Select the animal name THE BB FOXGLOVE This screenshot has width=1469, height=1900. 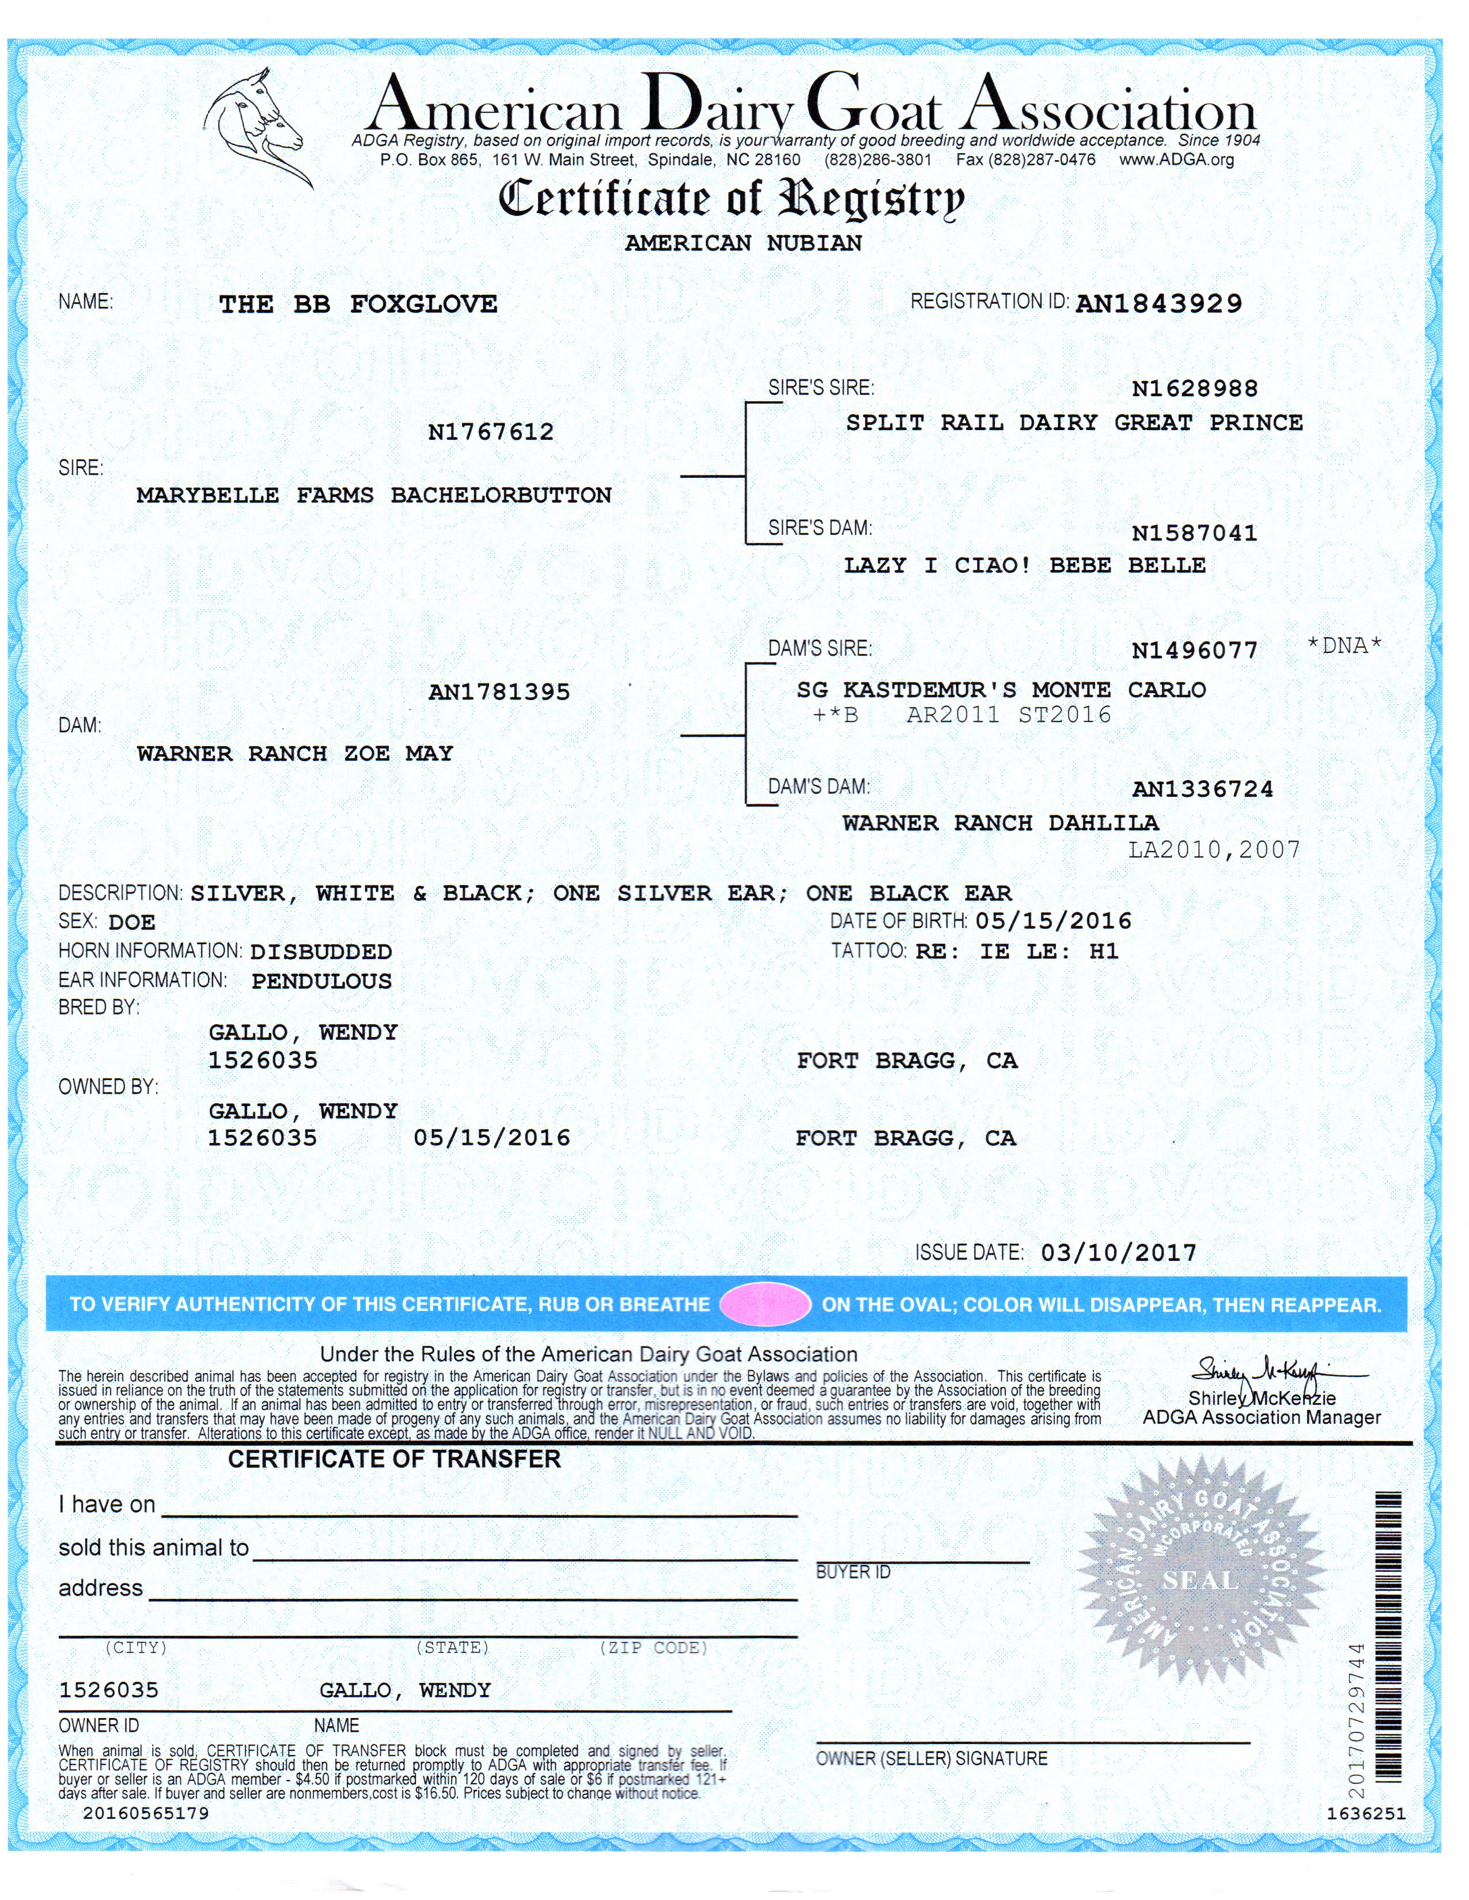click(x=358, y=305)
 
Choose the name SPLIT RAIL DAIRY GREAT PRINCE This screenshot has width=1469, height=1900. click(x=1074, y=423)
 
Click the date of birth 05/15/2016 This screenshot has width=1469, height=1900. click(x=1053, y=921)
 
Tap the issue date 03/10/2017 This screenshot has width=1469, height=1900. click(x=1118, y=1253)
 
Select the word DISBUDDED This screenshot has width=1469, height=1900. click(x=321, y=952)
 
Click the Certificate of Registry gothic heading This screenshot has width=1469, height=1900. click(x=731, y=199)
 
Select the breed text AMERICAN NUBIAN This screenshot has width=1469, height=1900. click(x=743, y=243)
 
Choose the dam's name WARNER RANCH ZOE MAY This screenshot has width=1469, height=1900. click(x=295, y=754)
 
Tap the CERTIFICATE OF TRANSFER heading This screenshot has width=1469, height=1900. click(x=394, y=1459)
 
